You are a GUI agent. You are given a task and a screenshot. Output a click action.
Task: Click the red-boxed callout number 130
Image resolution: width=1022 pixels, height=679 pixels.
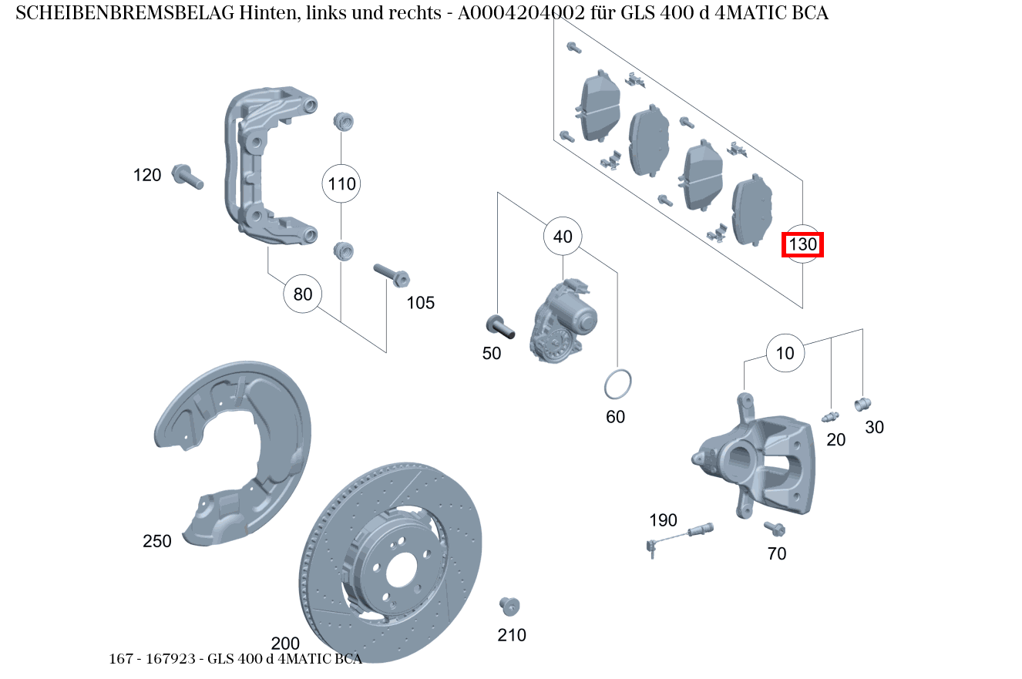802,245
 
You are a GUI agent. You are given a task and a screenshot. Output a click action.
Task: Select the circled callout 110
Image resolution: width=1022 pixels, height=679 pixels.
341,183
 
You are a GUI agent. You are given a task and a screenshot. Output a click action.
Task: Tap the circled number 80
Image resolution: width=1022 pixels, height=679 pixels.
303,294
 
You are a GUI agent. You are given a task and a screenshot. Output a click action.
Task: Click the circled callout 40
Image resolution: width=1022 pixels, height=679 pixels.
563,237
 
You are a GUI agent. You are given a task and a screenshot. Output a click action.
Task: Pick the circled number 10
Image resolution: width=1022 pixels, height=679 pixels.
785,354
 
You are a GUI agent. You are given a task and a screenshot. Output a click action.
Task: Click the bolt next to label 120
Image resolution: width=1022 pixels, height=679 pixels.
187,176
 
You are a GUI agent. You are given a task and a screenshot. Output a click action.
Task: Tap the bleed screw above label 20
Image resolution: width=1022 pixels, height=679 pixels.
830,417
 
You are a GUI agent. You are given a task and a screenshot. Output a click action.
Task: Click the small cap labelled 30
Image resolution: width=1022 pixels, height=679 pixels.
862,403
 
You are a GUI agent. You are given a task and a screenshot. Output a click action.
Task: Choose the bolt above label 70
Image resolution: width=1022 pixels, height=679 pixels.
774,528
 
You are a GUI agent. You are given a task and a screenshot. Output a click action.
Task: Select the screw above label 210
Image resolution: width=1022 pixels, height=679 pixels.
509,606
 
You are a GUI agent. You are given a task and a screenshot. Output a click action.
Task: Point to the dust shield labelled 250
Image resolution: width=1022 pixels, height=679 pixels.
231,455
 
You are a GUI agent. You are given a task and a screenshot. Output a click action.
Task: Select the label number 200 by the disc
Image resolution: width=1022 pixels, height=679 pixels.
285,644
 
